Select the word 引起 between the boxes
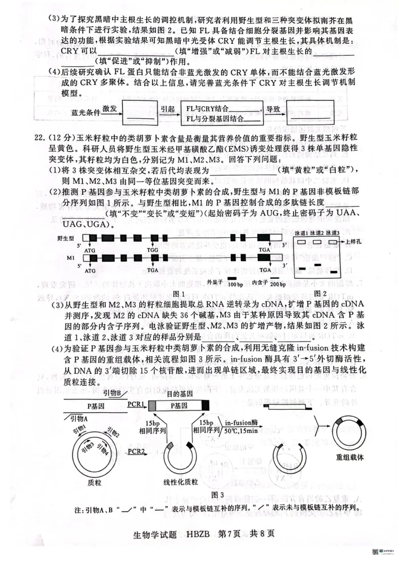(x=167, y=109)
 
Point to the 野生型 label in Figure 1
(x=65, y=237)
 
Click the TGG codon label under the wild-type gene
(x=152, y=250)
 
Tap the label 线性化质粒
(x=181, y=482)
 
